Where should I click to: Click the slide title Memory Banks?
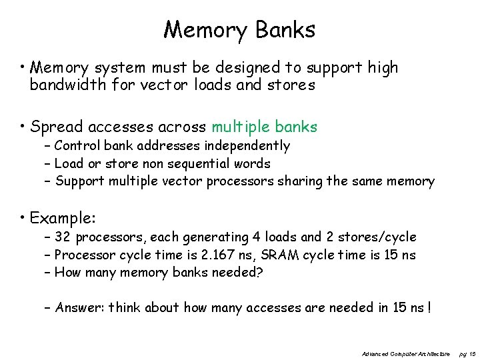point(239,29)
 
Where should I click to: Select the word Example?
point(63,219)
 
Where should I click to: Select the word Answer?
point(79,307)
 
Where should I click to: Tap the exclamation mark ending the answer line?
point(430,307)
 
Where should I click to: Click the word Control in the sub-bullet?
point(76,145)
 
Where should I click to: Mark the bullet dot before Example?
point(23,219)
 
